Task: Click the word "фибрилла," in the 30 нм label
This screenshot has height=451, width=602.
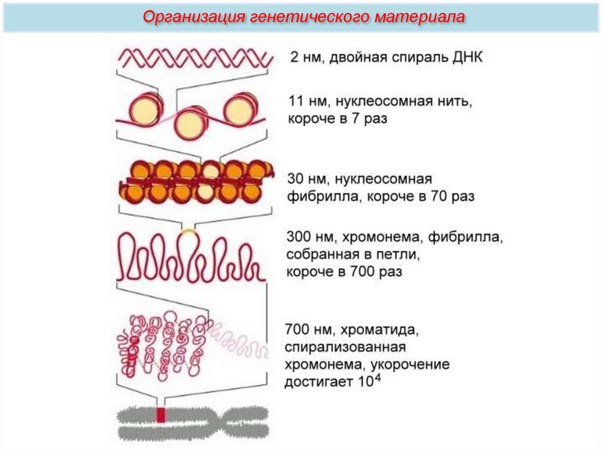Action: click(x=325, y=196)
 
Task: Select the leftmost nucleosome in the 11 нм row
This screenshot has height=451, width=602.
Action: click(x=143, y=108)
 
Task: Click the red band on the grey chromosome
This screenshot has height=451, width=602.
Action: click(x=160, y=415)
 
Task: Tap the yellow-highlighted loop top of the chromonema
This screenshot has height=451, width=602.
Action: click(x=188, y=233)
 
